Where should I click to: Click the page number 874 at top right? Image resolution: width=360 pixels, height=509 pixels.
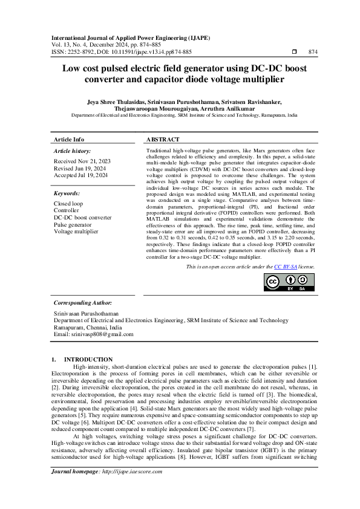313,52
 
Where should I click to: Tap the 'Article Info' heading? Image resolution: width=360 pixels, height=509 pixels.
69,139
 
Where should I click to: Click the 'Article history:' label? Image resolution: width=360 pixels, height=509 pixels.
73,150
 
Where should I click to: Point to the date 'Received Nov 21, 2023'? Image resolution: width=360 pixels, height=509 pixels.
82,162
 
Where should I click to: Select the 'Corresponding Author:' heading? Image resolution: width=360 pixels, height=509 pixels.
83,302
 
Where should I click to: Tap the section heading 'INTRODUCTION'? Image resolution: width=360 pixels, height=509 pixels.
88,359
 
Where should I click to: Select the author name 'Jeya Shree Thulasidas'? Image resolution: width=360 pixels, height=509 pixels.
117,102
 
